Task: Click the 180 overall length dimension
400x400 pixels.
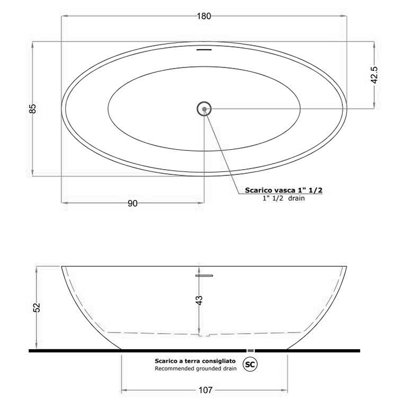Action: pos(204,16)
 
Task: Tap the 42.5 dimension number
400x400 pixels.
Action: pos(374,75)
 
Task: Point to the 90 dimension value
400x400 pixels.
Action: pos(133,203)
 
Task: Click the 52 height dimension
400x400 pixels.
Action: pos(37,307)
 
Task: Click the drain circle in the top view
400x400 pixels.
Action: pos(204,109)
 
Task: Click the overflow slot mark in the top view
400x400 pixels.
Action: pos(204,49)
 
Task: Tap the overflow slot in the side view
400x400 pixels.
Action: pos(203,275)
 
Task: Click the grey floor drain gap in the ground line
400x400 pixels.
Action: pos(249,350)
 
